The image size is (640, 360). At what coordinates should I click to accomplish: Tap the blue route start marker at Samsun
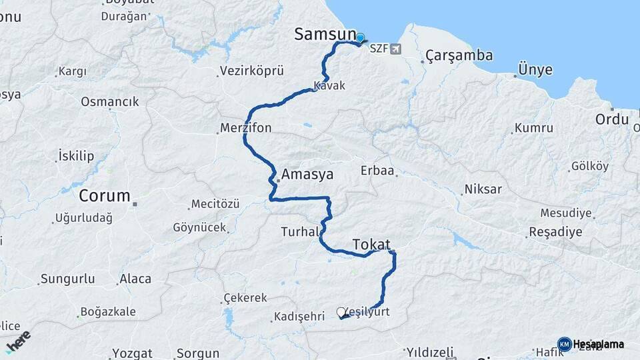(360, 39)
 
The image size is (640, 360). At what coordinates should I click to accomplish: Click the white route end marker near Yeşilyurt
(341, 312)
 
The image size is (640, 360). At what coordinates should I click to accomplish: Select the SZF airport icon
(397, 49)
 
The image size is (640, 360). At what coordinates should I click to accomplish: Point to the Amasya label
(307, 175)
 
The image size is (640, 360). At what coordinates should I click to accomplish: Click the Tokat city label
(371, 244)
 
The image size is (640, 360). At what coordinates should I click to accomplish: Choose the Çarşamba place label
(459, 55)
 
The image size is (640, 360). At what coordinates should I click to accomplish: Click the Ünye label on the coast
(535, 69)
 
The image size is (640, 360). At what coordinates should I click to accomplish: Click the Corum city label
(105, 196)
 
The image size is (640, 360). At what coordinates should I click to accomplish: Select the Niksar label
(483, 189)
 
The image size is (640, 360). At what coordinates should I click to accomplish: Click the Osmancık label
(110, 101)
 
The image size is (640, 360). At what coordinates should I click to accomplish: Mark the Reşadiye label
(555, 232)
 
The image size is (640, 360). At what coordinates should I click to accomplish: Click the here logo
(18, 341)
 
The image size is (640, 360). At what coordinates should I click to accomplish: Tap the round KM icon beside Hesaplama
(564, 344)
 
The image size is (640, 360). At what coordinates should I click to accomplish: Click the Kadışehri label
(299, 317)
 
